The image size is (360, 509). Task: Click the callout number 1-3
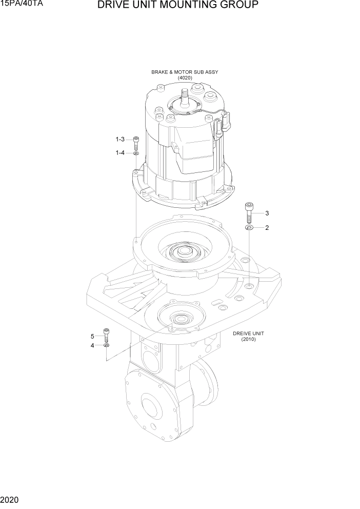tap(120, 140)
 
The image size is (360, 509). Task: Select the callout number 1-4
tap(120, 152)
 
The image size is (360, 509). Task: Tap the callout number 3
tap(267, 213)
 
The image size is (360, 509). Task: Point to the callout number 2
tap(267, 227)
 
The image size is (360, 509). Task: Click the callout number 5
tap(93, 336)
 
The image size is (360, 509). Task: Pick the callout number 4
tap(93, 346)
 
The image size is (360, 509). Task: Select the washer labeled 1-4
tap(136, 153)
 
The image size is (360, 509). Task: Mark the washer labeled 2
tap(249, 227)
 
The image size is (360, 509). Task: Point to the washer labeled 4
tap(106, 346)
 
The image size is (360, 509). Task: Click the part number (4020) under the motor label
tap(185, 78)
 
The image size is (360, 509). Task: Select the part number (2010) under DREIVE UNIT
tap(248, 339)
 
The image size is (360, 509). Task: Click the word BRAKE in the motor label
tap(161, 72)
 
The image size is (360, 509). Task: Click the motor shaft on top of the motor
tap(185, 95)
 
